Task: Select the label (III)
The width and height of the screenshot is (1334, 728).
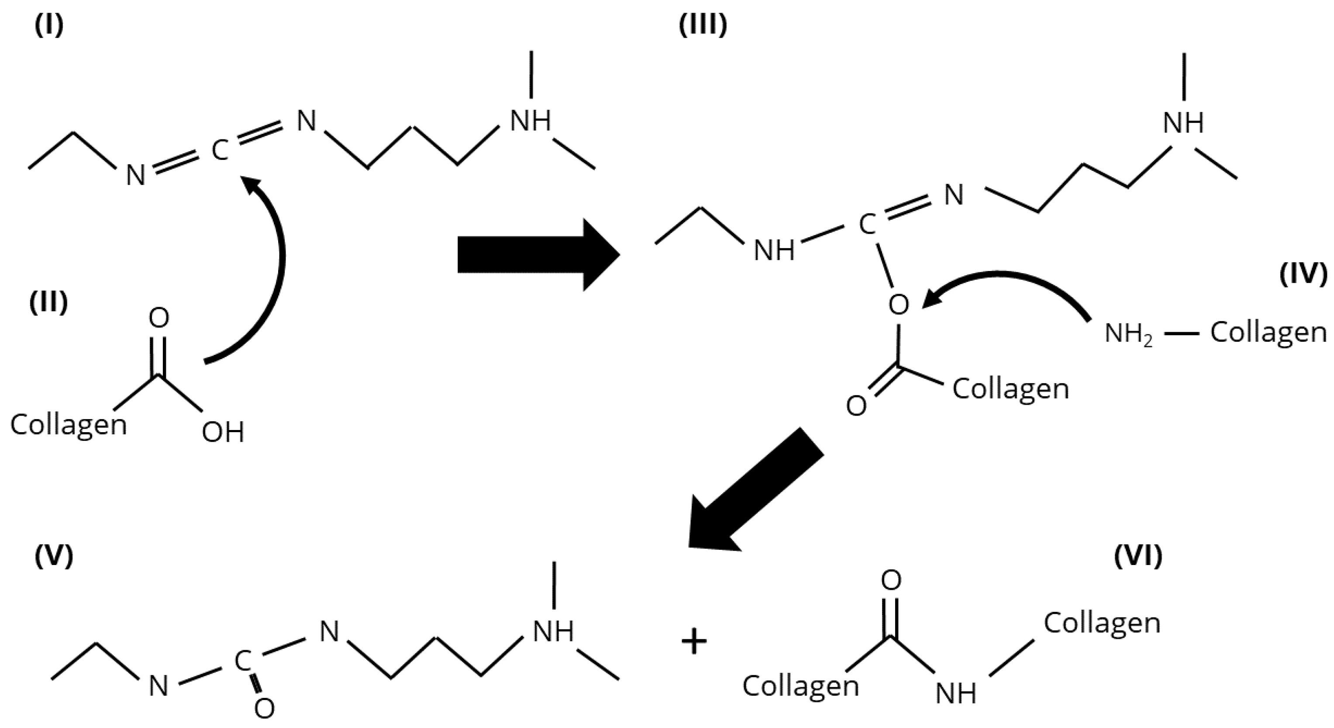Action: [x=703, y=25]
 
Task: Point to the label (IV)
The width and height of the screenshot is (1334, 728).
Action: [x=1303, y=274]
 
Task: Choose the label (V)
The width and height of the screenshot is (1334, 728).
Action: [x=54, y=556]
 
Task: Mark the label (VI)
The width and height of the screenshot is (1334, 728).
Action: [x=1138, y=556]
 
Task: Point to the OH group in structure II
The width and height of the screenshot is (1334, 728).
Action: [x=223, y=432]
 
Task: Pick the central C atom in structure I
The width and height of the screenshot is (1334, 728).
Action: [x=220, y=151]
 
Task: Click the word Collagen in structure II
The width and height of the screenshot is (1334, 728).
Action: [x=69, y=425]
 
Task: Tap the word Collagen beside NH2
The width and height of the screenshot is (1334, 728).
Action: [x=1268, y=333]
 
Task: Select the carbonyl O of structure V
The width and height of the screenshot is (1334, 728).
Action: [x=264, y=708]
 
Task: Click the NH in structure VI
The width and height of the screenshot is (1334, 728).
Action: [x=955, y=693]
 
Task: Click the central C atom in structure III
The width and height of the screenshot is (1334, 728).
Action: [x=867, y=224]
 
